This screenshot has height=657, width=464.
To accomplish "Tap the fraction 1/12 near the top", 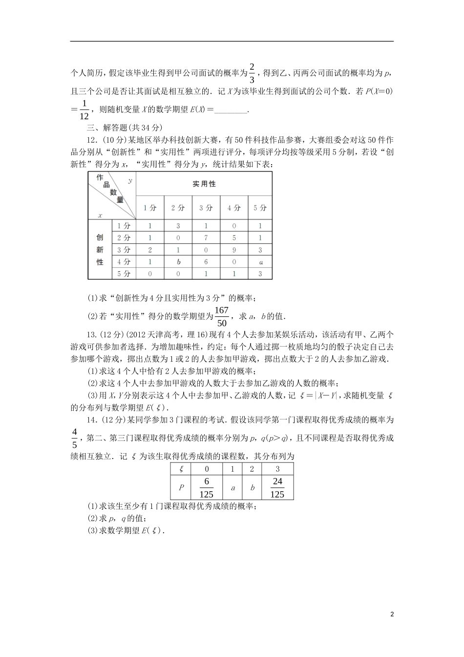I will (84, 109).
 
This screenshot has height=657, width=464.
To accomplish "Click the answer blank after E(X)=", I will (231, 110).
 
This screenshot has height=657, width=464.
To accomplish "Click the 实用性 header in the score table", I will (204, 184).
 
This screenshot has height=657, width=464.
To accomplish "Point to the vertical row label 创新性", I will (100, 249).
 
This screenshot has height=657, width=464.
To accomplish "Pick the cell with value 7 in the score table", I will (206, 238).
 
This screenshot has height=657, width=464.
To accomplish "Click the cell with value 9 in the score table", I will (234, 250).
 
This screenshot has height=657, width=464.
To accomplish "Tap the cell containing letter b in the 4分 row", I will (178, 262).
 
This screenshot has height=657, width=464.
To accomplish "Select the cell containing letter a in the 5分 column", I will (260, 262).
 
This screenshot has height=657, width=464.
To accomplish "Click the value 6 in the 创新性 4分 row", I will (206, 262).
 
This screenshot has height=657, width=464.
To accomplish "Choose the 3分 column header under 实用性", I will (206, 208).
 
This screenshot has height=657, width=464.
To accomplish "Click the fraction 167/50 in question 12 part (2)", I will (222, 316).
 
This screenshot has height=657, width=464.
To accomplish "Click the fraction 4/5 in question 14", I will (75, 438).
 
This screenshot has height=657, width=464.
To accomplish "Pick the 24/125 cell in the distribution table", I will (277, 487).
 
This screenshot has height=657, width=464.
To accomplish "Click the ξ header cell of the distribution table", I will (181, 469).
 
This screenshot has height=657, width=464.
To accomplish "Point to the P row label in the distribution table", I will (181, 487).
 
